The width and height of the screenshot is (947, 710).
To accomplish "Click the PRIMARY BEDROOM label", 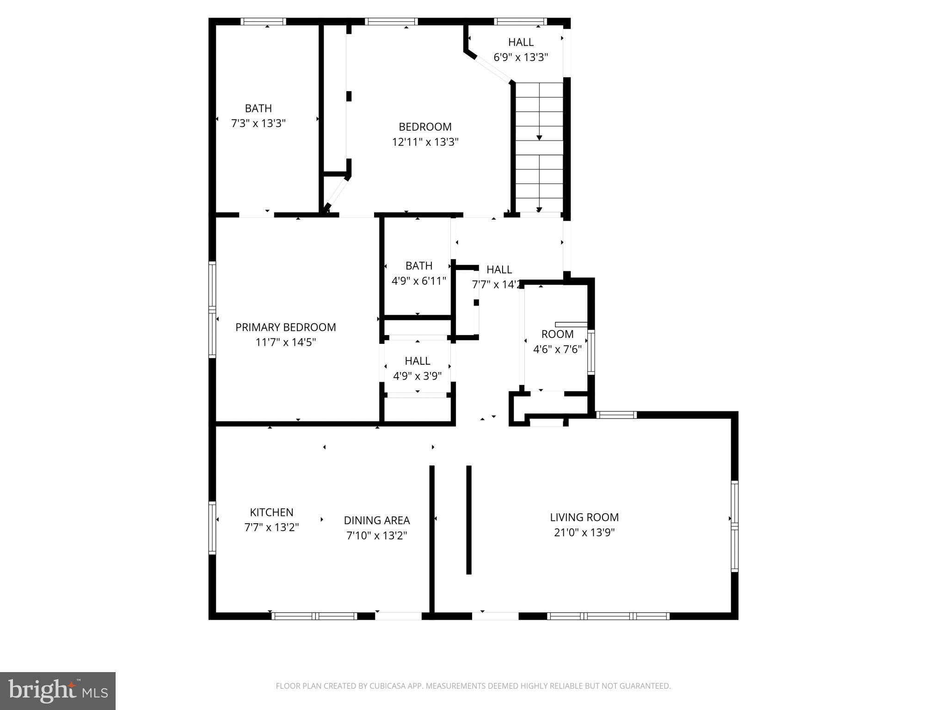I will point(285,327).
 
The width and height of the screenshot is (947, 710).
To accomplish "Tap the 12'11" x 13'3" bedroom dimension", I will point(425,142).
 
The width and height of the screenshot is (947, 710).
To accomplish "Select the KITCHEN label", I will point(271,512).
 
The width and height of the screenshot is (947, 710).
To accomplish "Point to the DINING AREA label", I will point(376,520).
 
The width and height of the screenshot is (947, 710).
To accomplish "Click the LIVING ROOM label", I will point(584,517).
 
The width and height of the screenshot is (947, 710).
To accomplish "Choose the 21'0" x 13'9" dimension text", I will point(584,532).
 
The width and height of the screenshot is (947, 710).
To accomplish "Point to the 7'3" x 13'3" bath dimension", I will point(258,123).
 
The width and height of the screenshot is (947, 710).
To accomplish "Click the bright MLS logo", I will point(58,691).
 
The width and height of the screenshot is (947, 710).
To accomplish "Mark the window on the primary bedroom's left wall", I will point(212,309).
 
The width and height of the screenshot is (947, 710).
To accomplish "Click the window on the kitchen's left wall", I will point(212,528).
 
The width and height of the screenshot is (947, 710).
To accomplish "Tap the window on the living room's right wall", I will point(734,526).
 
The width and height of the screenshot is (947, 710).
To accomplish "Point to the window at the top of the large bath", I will point(263,21).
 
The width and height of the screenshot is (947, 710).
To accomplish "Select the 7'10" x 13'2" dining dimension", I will point(376,536).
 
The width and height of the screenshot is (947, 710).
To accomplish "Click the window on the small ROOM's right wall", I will point(591,352).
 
